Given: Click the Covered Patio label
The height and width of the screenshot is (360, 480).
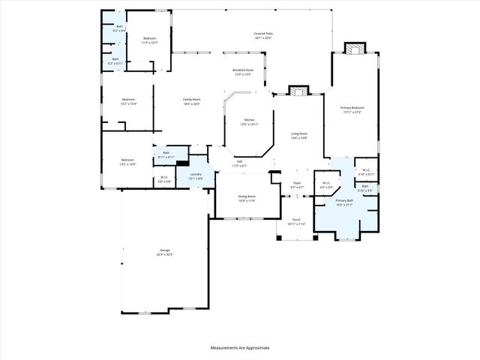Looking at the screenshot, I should click(x=261, y=34).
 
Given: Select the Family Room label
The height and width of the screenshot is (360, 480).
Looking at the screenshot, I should click(x=192, y=101).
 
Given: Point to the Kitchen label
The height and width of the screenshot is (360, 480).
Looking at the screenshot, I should click(x=249, y=122).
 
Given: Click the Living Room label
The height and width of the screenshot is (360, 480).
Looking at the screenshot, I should click(x=299, y=136).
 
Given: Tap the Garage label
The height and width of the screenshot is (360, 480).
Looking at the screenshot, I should click(x=164, y=252).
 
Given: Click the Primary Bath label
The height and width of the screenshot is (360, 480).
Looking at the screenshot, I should click(x=344, y=202).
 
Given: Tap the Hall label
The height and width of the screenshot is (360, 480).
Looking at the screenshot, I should click(x=239, y=163).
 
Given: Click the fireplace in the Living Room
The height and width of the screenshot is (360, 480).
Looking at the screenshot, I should click(x=298, y=91).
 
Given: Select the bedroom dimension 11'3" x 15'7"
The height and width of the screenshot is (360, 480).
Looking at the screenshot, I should click(x=150, y=43).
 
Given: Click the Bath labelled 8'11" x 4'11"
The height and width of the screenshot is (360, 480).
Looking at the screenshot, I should click(x=165, y=155).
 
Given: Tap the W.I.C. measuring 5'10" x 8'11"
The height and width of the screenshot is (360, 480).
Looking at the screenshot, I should click(x=366, y=172).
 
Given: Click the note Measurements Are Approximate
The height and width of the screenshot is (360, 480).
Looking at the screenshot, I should click(x=239, y=347).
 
